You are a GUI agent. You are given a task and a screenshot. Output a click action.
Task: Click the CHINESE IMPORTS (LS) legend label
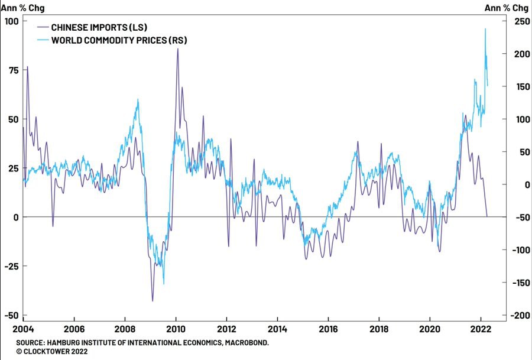(99, 27)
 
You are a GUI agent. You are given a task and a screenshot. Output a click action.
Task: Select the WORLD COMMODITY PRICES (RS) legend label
(119, 40)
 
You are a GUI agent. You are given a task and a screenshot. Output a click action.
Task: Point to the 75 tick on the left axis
(13, 70)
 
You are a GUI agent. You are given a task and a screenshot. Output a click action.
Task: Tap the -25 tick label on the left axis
(12, 266)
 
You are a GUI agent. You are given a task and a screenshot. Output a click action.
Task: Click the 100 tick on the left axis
(11, 21)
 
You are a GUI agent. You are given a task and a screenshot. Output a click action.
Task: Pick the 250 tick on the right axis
(521, 21)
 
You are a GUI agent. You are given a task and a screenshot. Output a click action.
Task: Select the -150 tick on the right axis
(519, 283)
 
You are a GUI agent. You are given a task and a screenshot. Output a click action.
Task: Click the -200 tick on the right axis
(519, 315)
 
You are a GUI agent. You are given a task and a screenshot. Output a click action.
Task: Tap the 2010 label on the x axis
(176, 329)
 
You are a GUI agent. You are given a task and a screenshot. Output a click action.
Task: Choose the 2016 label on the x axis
(328, 329)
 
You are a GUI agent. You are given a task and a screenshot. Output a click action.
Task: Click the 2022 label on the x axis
(481, 329)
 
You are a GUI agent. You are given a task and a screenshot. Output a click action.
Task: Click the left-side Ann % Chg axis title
(22, 8)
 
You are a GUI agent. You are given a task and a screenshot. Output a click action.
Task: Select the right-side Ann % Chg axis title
(507, 8)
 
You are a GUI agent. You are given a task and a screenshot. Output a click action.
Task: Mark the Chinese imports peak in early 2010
(177, 48)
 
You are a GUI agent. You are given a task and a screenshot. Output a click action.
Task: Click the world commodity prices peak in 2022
(485, 29)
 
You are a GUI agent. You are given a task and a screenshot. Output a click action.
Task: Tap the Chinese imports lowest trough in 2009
(153, 301)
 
